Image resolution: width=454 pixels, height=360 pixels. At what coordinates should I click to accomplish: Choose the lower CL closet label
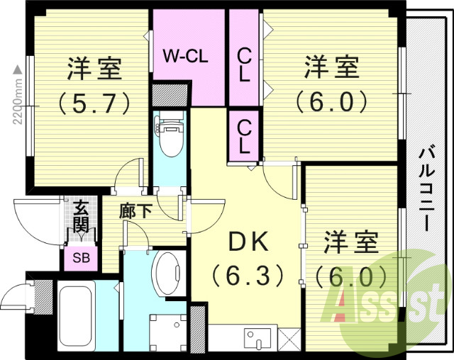point(243,137)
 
